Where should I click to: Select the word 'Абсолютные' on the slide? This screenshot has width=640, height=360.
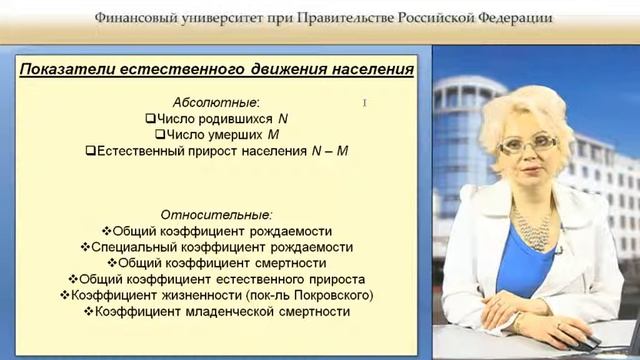point(214,102)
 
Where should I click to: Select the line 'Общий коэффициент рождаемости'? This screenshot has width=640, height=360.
point(221,230)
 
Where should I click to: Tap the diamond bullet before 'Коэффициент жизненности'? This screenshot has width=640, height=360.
point(67,295)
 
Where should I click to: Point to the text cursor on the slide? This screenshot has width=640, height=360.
point(366,103)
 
